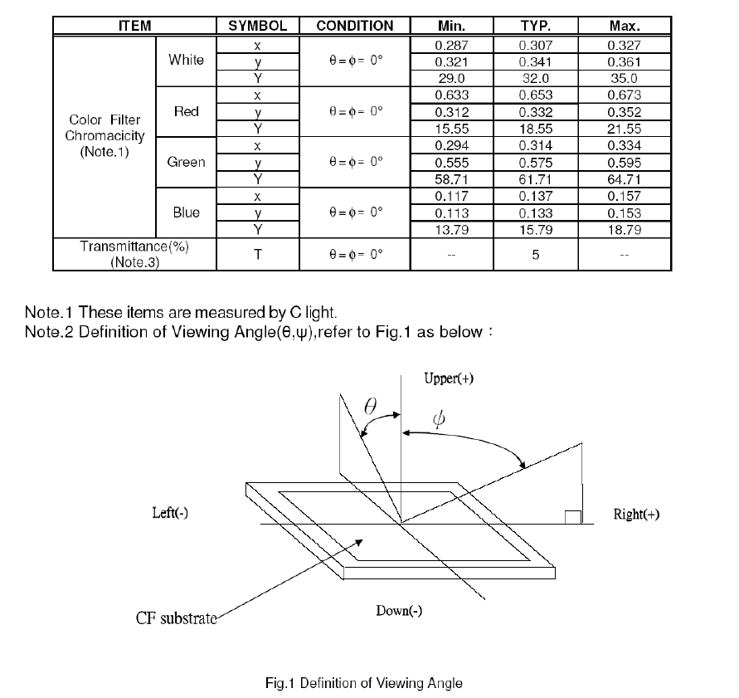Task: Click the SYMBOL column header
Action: pos(257,26)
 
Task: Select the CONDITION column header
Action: pos(354,26)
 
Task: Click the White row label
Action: pos(186,60)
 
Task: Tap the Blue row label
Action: pos(186,212)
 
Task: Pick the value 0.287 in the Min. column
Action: pos(451,46)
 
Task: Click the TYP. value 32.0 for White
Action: pos(536,78)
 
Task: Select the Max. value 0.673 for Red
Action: pos(624,95)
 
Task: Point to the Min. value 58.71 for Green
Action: pos(451,179)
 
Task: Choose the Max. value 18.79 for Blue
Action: pos(624,230)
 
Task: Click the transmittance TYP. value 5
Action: pos(536,255)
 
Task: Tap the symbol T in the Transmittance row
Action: pos(257,255)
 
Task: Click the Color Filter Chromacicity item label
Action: pos(105,135)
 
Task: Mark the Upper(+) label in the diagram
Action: pos(449,378)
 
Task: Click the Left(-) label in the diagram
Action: pos(170,513)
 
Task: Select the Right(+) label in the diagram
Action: pos(636,514)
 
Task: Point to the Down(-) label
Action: pos(399,611)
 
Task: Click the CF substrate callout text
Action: pos(177,617)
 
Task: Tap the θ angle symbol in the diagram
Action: pos(371,406)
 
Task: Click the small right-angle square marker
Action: pos(573,517)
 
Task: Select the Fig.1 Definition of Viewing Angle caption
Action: pos(364,683)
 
